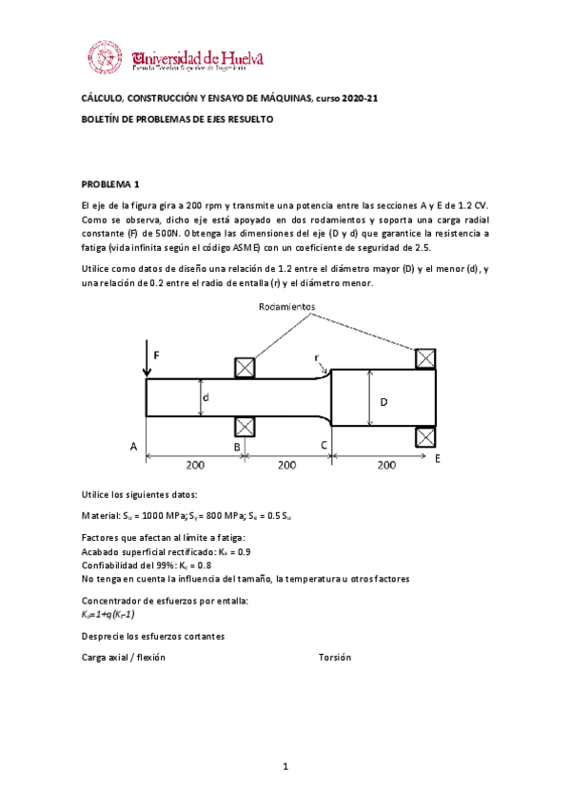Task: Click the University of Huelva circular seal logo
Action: [x=105, y=58]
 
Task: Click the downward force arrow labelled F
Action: [x=146, y=360]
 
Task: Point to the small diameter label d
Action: [x=206, y=399]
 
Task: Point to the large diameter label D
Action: [x=383, y=403]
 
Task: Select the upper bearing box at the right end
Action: [x=425, y=358]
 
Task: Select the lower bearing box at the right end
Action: [x=425, y=437]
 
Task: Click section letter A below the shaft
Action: [x=133, y=445]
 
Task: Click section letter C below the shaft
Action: [x=324, y=445]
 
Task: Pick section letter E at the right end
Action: [x=438, y=458]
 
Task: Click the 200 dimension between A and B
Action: [x=195, y=466]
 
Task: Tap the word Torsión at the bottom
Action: [x=335, y=657]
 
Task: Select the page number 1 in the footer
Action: [x=285, y=765]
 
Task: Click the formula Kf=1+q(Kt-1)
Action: [x=114, y=615]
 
